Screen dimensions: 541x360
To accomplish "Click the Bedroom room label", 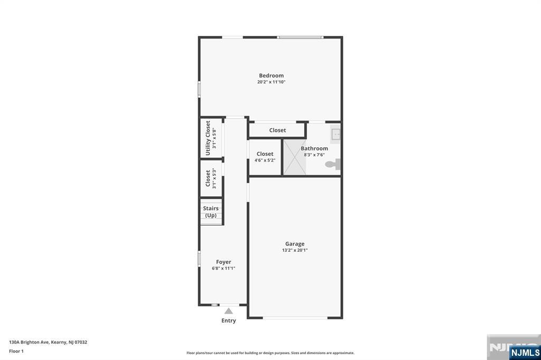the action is tap(271, 75).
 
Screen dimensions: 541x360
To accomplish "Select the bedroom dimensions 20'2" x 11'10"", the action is tap(271, 82).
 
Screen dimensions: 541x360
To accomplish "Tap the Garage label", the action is tap(295, 244).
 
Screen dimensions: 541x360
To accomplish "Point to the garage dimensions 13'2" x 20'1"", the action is tap(295, 250).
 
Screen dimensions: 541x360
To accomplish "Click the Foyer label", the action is tap(223, 262).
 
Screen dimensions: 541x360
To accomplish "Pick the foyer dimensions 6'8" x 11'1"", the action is tap(223, 268).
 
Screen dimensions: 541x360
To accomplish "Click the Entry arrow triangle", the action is tap(229, 311).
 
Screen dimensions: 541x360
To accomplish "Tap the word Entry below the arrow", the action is tap(229, 321).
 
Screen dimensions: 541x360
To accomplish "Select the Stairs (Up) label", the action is tap(211, 212).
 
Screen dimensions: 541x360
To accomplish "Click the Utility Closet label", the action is tap(208, 138).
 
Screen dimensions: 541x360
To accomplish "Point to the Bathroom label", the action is tap(314, 149).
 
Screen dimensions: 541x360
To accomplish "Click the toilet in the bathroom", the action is tap(333, 164).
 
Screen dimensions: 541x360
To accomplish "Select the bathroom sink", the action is tap(335, 134).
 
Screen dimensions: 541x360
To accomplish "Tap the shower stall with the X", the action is tap(295, 157).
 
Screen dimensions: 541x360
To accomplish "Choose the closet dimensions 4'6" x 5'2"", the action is tap(265, 160).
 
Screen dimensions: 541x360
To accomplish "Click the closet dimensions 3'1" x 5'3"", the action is tap(214, 178).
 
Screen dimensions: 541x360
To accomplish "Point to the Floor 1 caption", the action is tap(16, 352).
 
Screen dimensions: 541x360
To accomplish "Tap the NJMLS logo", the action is tap(525, 353).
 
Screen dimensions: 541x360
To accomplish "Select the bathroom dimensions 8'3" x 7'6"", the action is tap(314, 155).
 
